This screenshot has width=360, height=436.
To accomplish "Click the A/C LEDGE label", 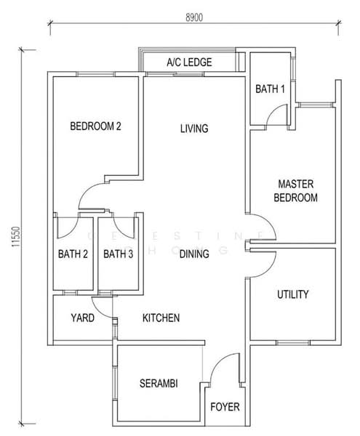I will pos(189,62).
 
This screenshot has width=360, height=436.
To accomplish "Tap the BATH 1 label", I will pos(269,89).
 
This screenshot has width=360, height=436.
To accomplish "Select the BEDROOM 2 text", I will pos(95,126).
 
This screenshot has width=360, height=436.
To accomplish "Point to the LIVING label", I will pos(194,129).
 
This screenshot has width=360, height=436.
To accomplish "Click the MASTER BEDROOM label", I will pos(296,191).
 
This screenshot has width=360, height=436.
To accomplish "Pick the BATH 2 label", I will pos(73,254).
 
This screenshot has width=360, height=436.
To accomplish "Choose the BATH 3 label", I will pos(118,254).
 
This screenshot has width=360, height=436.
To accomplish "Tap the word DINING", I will pos(194,254).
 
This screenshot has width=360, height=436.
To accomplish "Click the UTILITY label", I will pos(293,294).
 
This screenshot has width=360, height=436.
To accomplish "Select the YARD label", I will pos(81,318).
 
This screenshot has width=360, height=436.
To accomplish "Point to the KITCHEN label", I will pos(161,318).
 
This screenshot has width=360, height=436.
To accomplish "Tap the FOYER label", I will pos(225,407).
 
